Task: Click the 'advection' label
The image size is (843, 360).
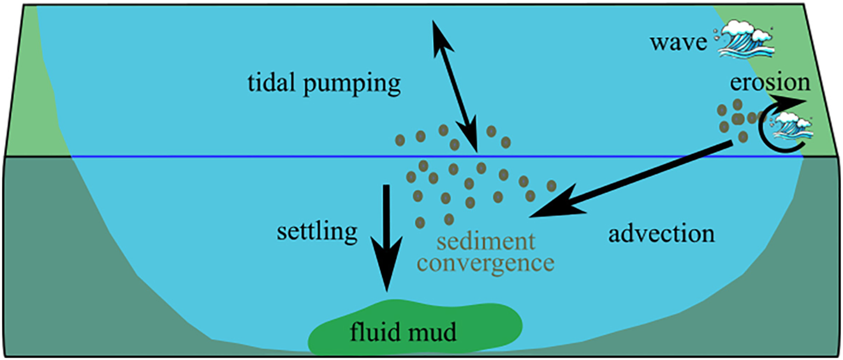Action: (x=661, y=234)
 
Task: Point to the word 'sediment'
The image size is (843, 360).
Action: (x=485, y=242)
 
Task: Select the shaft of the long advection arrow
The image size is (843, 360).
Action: (x=643, y=176)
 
